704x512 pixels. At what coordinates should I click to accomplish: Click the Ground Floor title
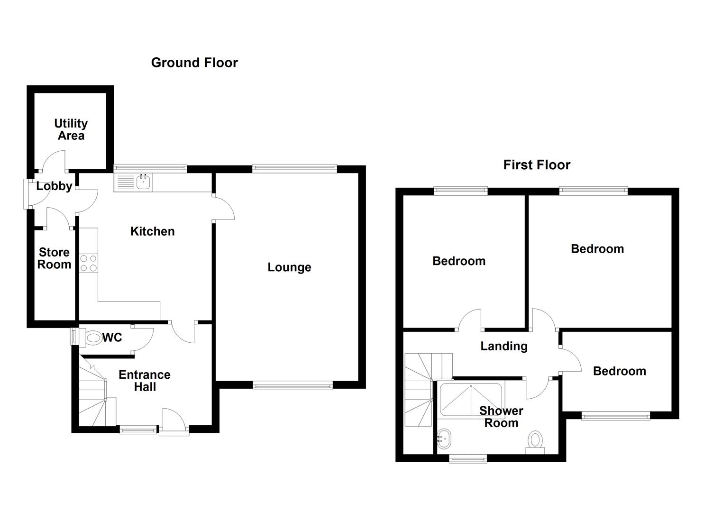194,63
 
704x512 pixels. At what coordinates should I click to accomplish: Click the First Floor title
537,165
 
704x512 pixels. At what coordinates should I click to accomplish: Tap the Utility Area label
71,129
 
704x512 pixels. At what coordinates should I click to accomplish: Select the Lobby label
54,186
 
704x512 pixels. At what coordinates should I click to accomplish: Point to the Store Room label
54,258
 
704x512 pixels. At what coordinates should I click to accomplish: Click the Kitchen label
152,231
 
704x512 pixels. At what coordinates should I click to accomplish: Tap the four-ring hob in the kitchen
88,264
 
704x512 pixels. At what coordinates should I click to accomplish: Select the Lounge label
289,267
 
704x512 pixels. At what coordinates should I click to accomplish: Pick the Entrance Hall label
145,381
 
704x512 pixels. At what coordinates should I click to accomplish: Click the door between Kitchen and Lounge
224,209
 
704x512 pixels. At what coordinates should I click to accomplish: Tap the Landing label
504,346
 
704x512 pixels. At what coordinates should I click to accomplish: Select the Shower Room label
501,417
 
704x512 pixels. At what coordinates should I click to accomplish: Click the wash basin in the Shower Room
444,439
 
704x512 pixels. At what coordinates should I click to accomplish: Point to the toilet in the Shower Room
536,441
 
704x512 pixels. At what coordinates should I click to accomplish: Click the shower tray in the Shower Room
470,400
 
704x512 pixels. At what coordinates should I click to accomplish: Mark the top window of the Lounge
294,167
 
